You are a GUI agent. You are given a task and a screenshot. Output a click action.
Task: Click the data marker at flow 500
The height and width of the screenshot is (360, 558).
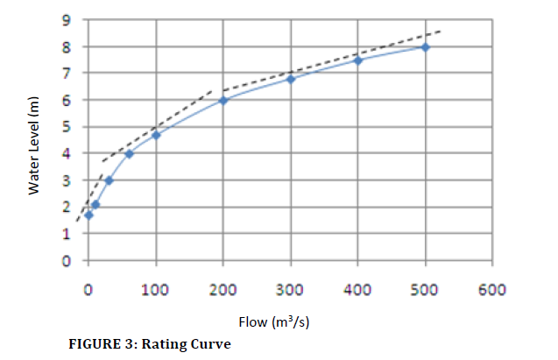coord(425,47)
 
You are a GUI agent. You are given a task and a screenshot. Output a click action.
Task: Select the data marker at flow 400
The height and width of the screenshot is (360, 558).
coord(357,60)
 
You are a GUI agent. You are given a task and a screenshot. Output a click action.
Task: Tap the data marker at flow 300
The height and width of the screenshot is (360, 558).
coord(291,79)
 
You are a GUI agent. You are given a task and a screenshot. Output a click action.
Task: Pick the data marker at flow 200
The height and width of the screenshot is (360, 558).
coord(223,100)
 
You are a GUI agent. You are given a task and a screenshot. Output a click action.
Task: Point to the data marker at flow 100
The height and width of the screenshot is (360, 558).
coord(156,135)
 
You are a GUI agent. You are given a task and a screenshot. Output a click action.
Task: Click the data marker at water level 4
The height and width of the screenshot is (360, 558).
coord(129,154)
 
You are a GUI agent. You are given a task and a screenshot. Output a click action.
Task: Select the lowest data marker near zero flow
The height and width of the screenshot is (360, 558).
coord(88,215)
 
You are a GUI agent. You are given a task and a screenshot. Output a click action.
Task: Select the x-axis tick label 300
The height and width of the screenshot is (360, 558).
coord(291,289)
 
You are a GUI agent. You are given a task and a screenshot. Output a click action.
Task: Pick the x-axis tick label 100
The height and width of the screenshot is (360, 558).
coord(156,289)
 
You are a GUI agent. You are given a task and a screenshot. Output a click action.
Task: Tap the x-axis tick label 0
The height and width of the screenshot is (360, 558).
coord(88,289)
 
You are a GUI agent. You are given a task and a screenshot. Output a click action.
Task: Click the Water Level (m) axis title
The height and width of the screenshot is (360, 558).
coord(34,145)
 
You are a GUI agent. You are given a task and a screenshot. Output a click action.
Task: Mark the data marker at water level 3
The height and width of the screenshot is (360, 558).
coord(109,180)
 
